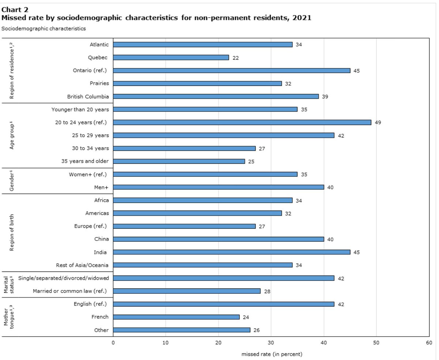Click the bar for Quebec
(171, 57)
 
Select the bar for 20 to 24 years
(242, 122)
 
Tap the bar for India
(231, 252)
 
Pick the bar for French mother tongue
(176, 317)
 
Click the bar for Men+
(218, 187)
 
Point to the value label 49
(378, 123)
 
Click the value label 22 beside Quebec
(235, 58)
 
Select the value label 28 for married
(267, 292)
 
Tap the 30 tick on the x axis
(271, 343)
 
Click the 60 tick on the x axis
(429, 343)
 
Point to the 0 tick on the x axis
(113, 343)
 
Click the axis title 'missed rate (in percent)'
(272, 354)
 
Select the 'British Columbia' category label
(88, 96)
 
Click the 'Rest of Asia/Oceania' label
(82, 265)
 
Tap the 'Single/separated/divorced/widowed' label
(63, 278)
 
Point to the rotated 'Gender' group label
(12, 181)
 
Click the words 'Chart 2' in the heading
(15, 10)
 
